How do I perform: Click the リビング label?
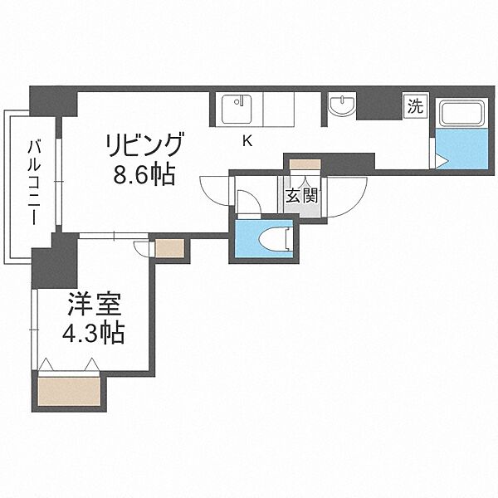click(x=143, y=146)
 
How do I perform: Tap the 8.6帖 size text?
click(x=143, y=176)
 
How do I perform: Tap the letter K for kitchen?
click(x=247, y=140)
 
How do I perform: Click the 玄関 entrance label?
click(x=299, y=198)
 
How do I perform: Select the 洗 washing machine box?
click(x=413, y=105)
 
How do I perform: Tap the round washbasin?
click(x=341, y=106)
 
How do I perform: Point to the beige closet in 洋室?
click(x=70, y=390)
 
